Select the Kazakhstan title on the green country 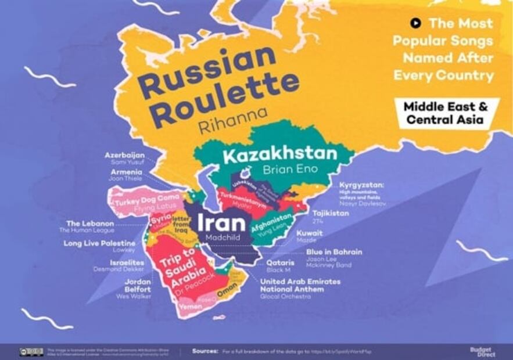click(x=279, y=155)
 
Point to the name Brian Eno click(x=289, y=170)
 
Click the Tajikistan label click(x=331, y=214)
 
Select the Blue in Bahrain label click(x=334, y=252)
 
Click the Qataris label click(x=280, y=263)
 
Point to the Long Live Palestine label click(x=99, y=243)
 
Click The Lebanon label click(x=89, y=224)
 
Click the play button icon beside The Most click(x=415, y=23)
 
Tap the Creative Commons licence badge click(x=31, y=352)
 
